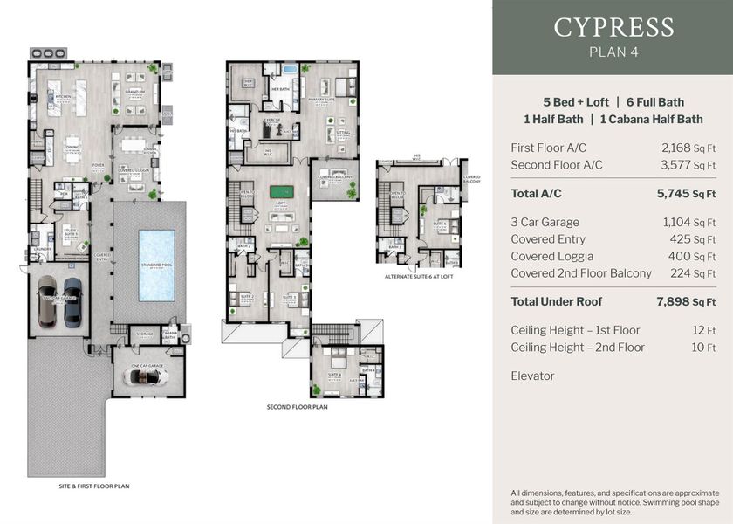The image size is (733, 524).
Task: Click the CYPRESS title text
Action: pyautogui.click(x=613, y=27)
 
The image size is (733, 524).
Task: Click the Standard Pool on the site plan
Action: pyautogui.click(x=156, y=264)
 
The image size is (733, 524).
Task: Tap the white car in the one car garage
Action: pyautogui.click(x=146, y=376)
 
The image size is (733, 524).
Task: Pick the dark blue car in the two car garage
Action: pyautogui.click(x=72, y=301)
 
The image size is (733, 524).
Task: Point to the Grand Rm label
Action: pyautogui.click(x=135, y=91)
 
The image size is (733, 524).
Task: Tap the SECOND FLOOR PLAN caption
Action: pyautogui.click(x=297, y=407)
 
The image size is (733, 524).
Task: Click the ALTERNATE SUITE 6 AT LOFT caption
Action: pyautogui.click(x=417, y=276)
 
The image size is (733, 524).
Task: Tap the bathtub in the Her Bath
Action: pyautogui.click(x=290, y=69)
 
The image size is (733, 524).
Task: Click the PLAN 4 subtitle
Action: pyautogui.click(x=613, y=52)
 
